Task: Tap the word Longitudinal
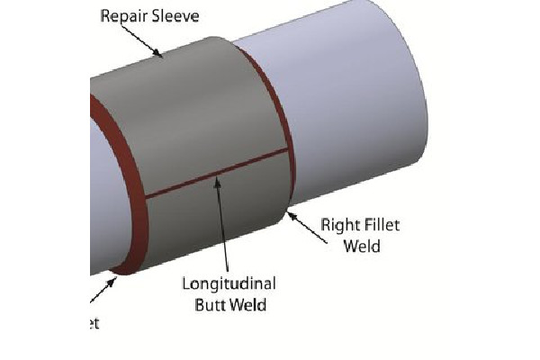pyautogui.click(x=229, y=284)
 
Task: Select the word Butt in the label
pyautogui.click(x=210, y=304)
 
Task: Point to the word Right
pyautogui.click(x=338, y=225)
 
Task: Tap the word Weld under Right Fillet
pyautogui.click(x=362, y=245)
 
